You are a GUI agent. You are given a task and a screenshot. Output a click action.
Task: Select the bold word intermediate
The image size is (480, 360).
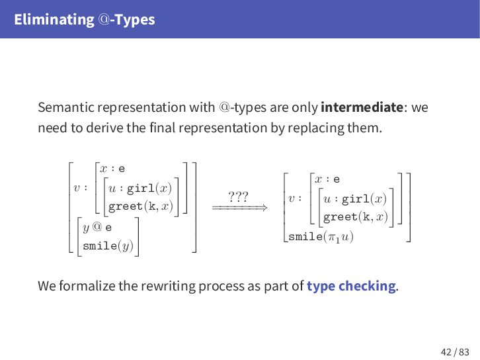tap(362, 107)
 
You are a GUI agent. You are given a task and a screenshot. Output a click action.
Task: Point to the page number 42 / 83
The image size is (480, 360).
tap(455, 351)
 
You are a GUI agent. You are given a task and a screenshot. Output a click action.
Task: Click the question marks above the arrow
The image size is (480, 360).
tap(238, 197)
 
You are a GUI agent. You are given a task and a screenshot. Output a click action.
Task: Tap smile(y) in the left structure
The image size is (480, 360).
tap(110, 246)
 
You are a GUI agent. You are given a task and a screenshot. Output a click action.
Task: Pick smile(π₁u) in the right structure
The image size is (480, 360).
tap(321, 236)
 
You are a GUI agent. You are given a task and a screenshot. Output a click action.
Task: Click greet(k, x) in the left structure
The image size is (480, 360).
tap(140, 206)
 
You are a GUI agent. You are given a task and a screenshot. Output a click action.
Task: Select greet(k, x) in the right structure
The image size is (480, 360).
tap(355, 216)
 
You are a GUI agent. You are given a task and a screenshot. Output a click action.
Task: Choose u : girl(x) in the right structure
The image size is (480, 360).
tap(354, 199)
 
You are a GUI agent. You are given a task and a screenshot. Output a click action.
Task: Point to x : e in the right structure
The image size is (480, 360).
tap(327, 179)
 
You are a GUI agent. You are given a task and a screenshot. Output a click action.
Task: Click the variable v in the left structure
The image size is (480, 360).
tap(77, 188)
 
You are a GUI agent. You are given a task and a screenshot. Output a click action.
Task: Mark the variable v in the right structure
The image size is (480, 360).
tap(292, 198)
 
